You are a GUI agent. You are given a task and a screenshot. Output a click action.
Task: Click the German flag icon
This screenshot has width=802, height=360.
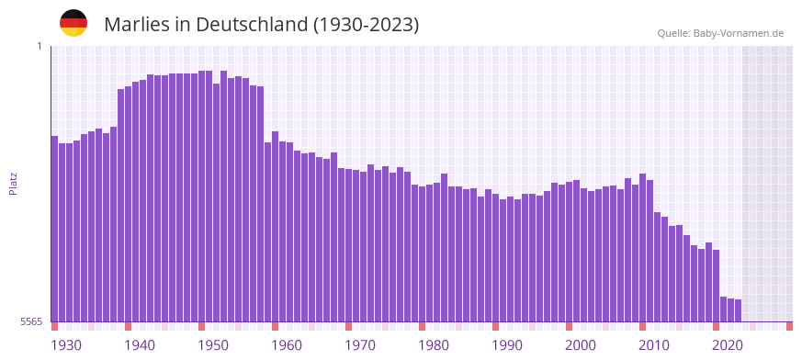[x=73, y=23]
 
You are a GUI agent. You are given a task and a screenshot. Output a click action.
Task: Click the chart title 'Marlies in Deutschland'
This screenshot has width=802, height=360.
[x=261, y=25]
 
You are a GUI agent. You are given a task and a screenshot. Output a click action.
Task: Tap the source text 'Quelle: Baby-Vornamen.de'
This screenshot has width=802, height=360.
[x=720, y=33]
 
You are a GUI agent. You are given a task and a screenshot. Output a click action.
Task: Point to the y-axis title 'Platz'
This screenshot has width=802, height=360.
[x=13, y=184]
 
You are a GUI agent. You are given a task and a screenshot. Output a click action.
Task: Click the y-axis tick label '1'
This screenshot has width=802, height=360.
[x=40, y=46]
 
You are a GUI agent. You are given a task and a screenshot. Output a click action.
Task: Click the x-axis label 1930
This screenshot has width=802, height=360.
[x=66, y=345]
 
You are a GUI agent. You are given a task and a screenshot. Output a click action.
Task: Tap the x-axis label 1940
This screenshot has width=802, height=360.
[x=140, y=345]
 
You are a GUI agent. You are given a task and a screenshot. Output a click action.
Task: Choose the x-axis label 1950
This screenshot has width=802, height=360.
[x=213, y=345]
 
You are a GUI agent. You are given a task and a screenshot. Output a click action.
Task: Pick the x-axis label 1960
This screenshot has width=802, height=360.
[x=287, y=345]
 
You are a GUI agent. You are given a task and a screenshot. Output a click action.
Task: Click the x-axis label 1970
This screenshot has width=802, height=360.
[x=360, y=345]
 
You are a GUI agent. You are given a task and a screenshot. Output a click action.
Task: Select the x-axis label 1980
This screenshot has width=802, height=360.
[x=434, y=345]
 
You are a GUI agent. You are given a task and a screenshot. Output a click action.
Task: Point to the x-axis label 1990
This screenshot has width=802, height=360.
[x=507, y=345]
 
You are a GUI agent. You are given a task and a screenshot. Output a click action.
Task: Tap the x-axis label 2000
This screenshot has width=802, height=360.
[x=581, y=345]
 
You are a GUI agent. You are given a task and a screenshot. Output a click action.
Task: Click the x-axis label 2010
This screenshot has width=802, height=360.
[x=654, y=345]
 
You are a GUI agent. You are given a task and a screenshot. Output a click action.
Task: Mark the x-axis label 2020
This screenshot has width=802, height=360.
[x=728, y=345]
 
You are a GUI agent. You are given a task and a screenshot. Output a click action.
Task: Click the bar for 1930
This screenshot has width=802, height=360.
[x=55, y=230]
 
